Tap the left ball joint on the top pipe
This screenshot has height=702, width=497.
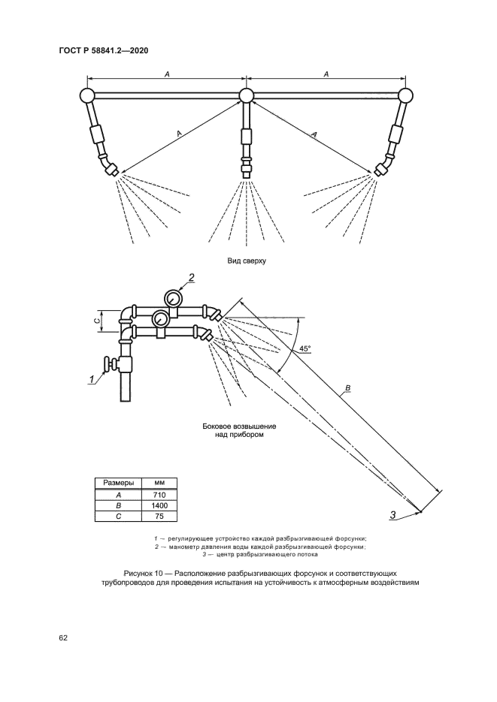(x=86, y=95)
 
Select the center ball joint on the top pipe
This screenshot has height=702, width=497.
(x=247, y=95)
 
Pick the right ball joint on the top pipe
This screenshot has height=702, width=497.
(x=406, y=95)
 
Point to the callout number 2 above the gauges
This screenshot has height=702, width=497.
(x=191, y=278)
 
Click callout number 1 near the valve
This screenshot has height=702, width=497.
(x=92, y=378)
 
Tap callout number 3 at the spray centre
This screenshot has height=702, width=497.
(x=392, y=514)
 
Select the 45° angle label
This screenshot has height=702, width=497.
(x=305, y=349)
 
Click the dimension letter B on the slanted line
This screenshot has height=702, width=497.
(x=347, y=388)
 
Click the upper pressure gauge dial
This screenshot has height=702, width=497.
(x=174, y=298)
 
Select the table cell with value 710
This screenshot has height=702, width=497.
(x=159, y=496)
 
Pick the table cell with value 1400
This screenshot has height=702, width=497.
(x=159, y=507)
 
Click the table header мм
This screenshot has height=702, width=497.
(x=159, y=484)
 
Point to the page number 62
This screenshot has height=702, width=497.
(x=63, y=638)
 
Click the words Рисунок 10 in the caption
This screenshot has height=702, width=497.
(x=134, y=573)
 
